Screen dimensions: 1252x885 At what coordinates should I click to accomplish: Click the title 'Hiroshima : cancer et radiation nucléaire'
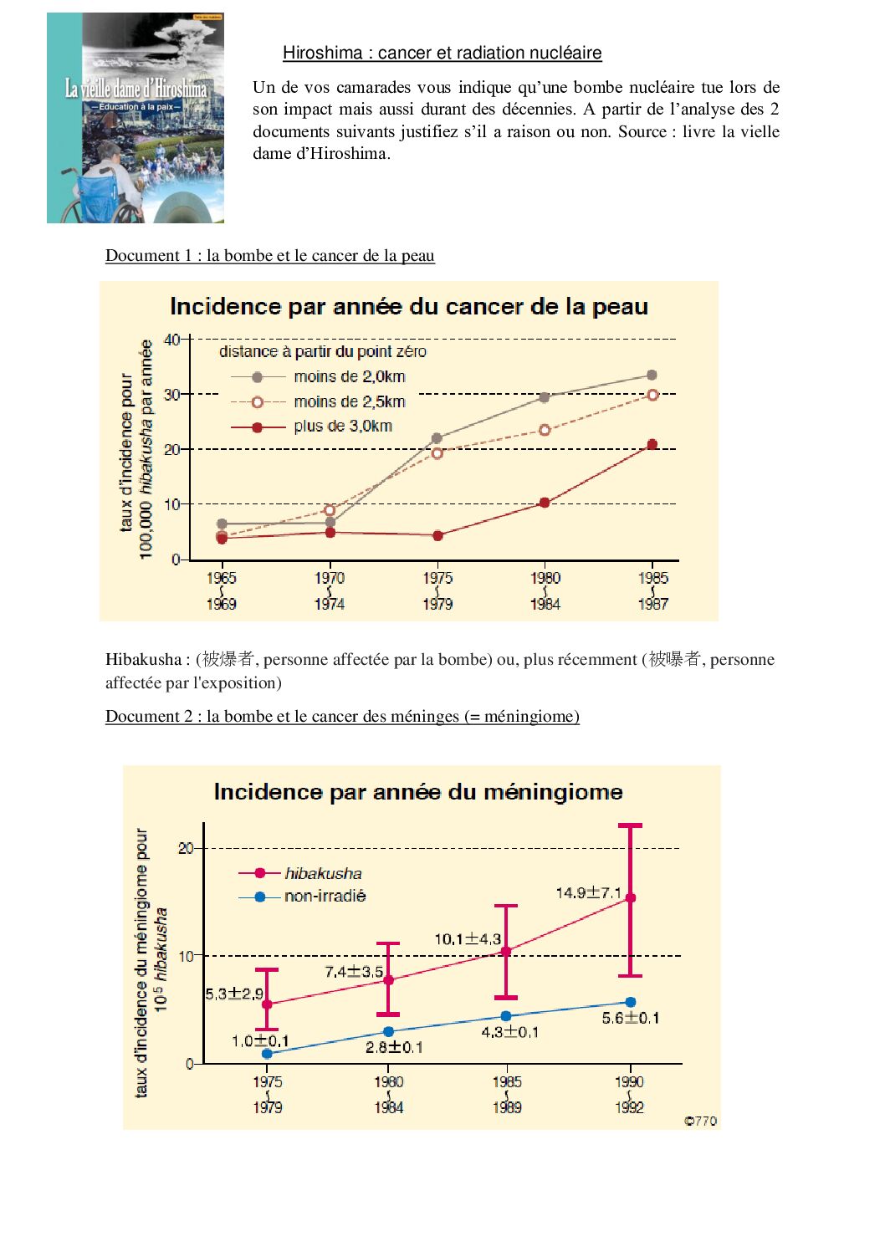[x=442, y=53]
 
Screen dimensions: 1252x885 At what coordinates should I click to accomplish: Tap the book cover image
[x=136, y=118]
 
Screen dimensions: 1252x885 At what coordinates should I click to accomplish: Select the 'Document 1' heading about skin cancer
[x=269, y=255]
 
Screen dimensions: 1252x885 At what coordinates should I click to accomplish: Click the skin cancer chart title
[x=409, y=306]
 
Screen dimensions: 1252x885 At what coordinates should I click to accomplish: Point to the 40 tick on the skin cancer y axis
[x=171, y=340]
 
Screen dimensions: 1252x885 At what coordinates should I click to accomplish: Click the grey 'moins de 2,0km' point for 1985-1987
[x=652, y=376]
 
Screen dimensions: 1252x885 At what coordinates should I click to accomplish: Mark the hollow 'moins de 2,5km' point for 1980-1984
[x=545, y=430]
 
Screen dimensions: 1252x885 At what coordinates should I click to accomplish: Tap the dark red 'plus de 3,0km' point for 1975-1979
[x=437, y=535]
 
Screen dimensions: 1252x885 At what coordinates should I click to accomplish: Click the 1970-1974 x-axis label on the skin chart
[x=330, y=590]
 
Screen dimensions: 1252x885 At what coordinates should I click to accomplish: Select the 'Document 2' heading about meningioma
[x=342, y=716]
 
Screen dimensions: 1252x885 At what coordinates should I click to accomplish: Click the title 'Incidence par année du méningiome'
[x=418, y=791]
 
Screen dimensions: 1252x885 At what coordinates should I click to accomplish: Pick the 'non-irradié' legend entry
[x=325, y=896]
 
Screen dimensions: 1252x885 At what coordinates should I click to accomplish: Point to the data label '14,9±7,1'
[x=589, y=893]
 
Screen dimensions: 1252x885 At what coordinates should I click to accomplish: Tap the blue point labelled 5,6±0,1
[x=631, y=1002]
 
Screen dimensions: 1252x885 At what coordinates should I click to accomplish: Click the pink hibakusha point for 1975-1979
[x=267, y=1004]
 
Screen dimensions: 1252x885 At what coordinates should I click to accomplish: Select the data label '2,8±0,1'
[x=394, y=1047]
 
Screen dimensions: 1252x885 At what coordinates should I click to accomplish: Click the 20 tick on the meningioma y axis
[x=186, y=848]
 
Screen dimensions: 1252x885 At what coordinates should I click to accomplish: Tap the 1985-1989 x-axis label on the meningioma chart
[x=507, y=1094]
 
